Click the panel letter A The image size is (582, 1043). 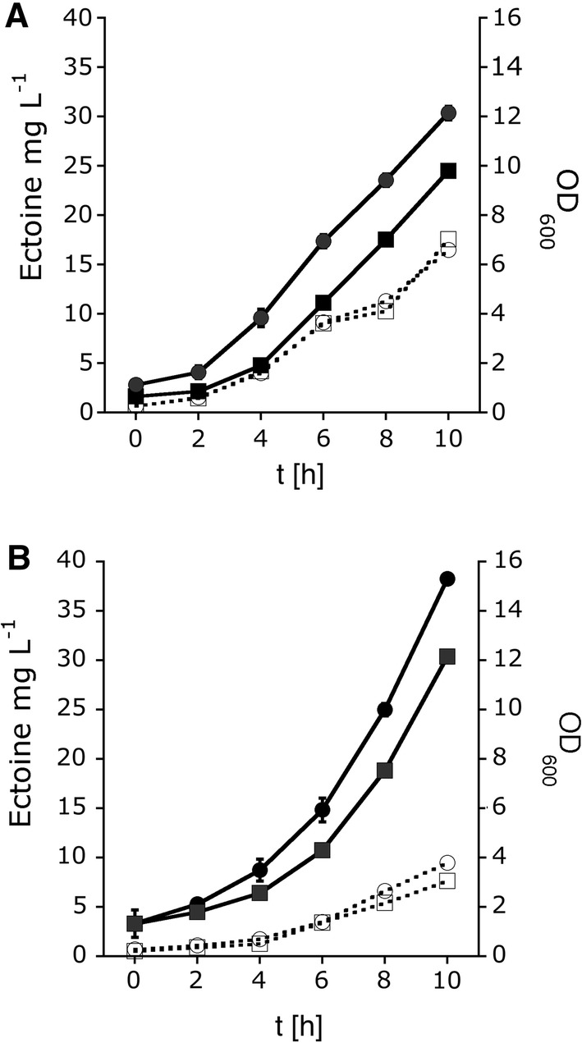[18, 17]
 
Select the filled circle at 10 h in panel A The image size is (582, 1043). [448, 113]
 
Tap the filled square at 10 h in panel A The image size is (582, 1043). [448, 171]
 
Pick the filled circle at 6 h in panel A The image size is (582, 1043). [323, 241]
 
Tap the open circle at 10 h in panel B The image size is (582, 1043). [448, 862]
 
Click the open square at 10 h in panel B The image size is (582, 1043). [448, 881]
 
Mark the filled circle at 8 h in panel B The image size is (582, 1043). [386, 709]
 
